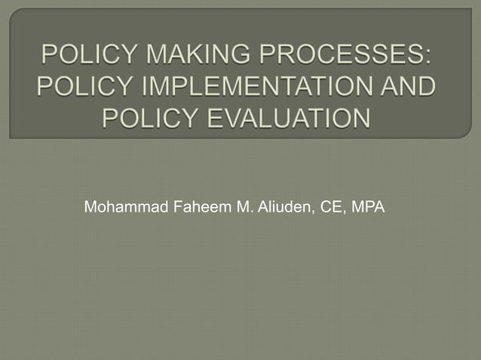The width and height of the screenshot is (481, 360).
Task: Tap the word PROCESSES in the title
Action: [x=342, y=56]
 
